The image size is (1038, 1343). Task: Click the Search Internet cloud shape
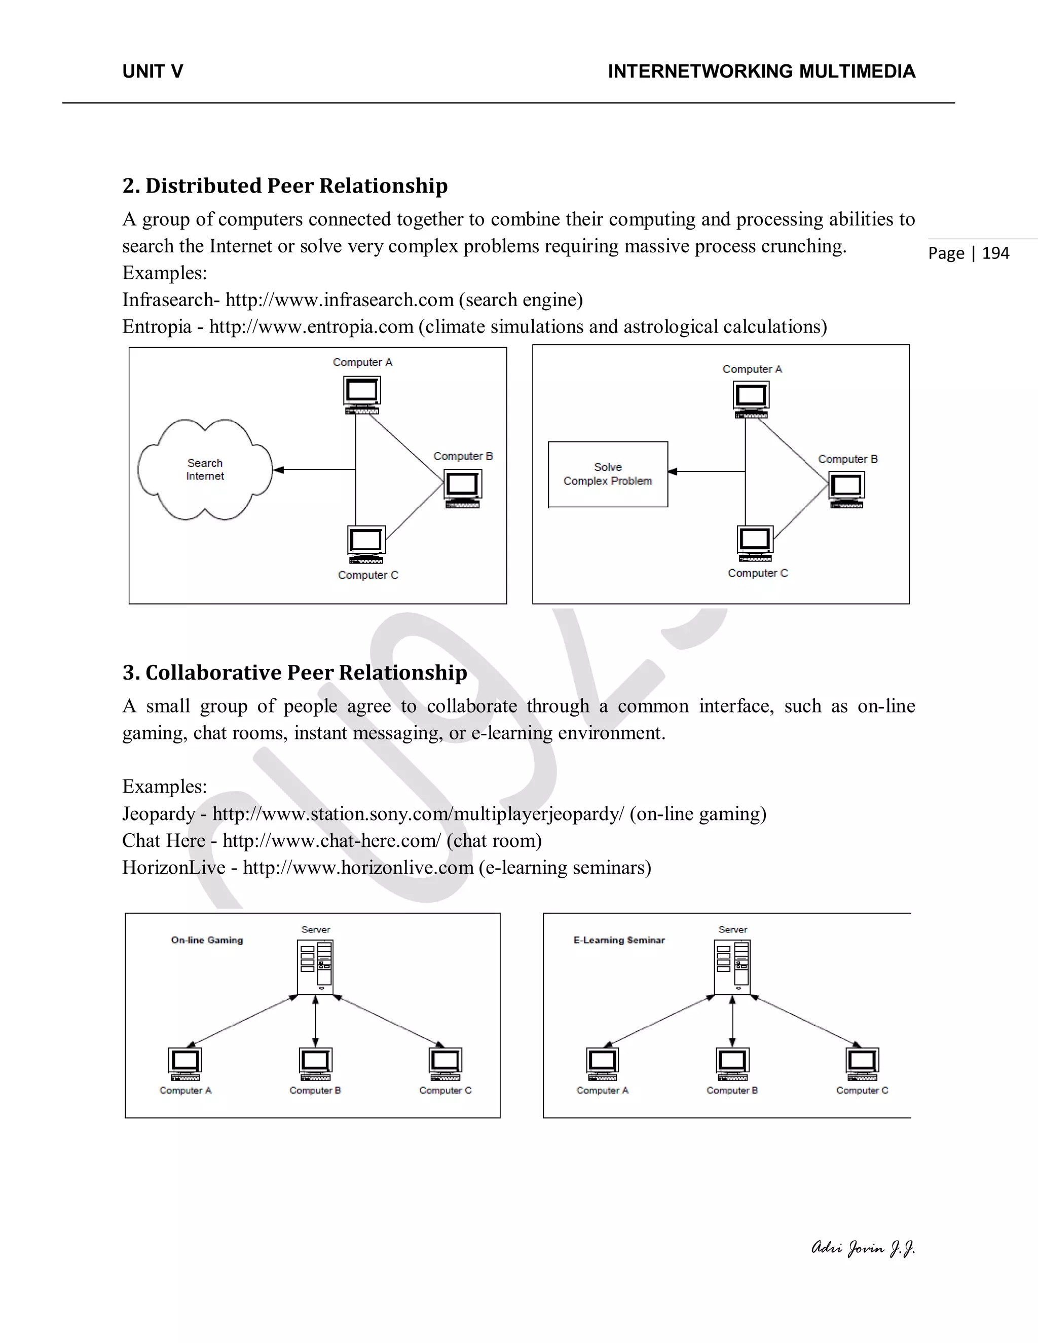pyautogui.click(x=205, y=470)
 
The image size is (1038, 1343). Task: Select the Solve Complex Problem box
pyautogui.click(x=608, y=474)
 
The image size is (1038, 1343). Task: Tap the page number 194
pyautogui.click(x=995, y=253)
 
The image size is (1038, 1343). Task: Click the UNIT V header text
pyautogui.click(x=153, y=72)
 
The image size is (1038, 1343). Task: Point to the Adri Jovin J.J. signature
pyautogui.click(x=863, y=1248)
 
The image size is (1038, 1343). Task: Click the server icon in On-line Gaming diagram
pyautogui.click(x=315, y=966)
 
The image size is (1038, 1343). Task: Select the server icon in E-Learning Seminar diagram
pyautogui.click(x=732, y=966)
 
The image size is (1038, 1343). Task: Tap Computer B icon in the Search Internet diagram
pyautogui.click(x=462, y=488)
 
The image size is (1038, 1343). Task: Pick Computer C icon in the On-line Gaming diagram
pyautogui.click(x=445, y=1064)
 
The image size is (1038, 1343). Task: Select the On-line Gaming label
pyautogui.click(x=207, y=940)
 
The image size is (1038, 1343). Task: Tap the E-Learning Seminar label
pyautogui.click(x=619, y=940)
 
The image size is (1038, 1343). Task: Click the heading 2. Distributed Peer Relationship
pyautogui.click(x=285, y=185)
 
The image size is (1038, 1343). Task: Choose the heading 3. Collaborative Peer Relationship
pyautogui.click(x=294, y=673)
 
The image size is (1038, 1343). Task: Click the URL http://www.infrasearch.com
pyautogui.click(x=340, y=300)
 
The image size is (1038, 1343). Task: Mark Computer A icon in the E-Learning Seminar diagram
pyautogui.click(x=603, y=1064)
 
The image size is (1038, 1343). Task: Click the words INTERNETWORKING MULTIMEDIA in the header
pyautogui.click(x=761, y=72)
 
